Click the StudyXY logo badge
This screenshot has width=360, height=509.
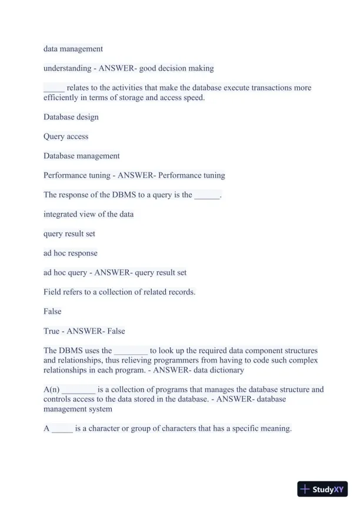click(322, 489)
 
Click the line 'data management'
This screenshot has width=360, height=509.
click(73, 49)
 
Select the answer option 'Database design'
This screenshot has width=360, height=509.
click(71, 117)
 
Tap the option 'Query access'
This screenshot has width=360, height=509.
click(66, 137)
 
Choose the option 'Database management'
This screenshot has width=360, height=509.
click(81, 156)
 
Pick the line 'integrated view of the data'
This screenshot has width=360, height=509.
click(88, 214)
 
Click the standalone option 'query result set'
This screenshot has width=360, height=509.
click(69, 234)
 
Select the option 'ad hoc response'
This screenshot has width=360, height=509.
click(71, 253)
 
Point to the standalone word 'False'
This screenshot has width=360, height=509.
click(52, 311)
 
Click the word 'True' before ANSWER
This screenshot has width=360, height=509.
click(52, 331)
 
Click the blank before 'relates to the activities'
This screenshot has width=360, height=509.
click(54, 88)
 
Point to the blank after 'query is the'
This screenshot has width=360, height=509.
click(206, 195)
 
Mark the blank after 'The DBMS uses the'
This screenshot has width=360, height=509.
click(131, 351)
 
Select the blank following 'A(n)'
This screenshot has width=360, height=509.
click(78, 390)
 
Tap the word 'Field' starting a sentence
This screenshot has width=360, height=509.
click(52, 292)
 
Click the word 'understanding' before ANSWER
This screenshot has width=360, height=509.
click(66, 68)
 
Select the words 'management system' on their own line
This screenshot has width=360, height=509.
click(78, 409)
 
